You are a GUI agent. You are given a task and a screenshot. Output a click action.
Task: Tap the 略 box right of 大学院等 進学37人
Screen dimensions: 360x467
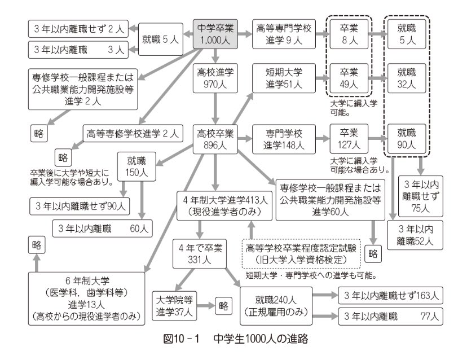tap(224, 305)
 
